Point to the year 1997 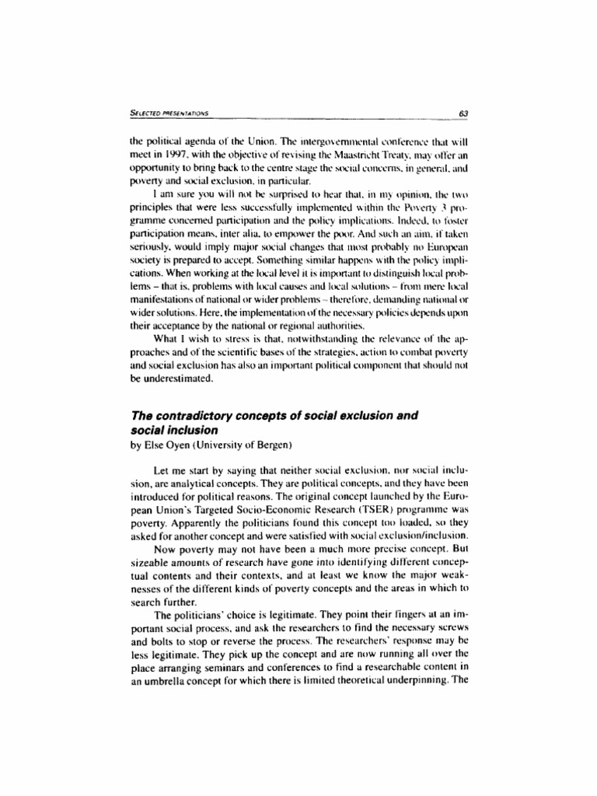pyautogui.click(x=183, y=156)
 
